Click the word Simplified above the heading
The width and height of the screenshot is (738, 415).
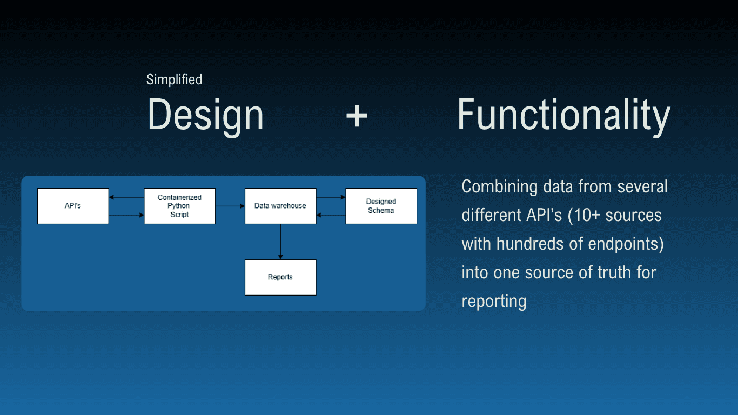(174, 80)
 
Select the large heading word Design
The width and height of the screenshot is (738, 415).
(205, 115)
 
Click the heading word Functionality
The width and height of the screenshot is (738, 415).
(563, 115)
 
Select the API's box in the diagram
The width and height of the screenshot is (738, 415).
(73, 206)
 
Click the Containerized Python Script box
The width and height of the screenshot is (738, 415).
(179, 206)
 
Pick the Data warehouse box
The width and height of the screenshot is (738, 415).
(280, 206)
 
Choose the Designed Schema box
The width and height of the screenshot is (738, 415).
(381, 206)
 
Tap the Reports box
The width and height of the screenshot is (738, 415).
(280, 277)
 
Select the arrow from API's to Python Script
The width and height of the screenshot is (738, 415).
(126, 215)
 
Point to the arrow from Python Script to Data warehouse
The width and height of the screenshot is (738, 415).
(230, 206)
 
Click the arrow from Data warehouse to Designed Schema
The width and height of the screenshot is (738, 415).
(331, 197)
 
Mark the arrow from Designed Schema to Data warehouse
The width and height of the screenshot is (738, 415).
(331, 215)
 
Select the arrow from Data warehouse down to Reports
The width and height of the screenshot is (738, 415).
(280, 242)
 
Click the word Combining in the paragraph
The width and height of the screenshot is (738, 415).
(499, 187)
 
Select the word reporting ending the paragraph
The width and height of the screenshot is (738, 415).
(494, 301)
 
